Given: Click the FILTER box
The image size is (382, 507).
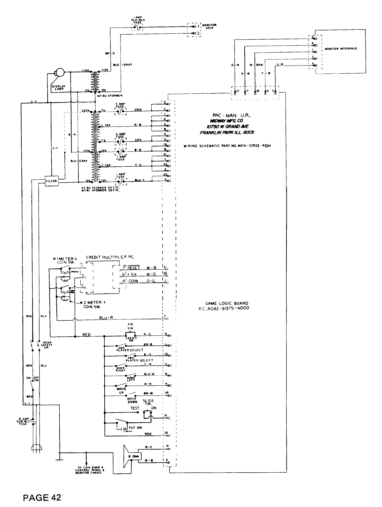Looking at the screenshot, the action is click(52, 181).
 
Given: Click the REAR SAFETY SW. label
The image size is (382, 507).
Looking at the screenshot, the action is click(47, 344).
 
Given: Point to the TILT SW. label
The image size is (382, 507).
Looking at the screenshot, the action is click(137, 428).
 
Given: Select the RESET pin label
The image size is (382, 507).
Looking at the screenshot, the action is click(133, 268).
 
